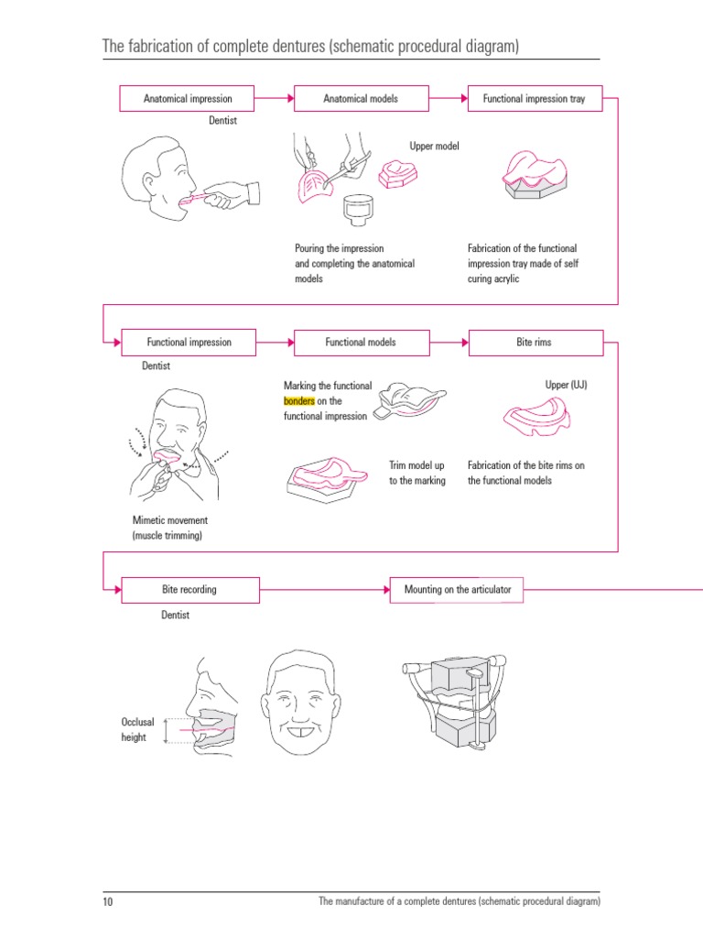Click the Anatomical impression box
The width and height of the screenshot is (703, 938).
(188, 99)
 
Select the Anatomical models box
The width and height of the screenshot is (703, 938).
(361, 99)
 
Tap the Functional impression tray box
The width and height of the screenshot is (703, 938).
(535, 99)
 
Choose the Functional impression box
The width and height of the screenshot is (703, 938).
(189, 343)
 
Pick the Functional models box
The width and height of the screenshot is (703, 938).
(361, 343)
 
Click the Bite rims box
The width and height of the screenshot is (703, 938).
(535, 343)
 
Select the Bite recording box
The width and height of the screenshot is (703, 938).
(189, 590)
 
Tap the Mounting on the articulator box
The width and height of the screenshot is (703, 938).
(457, 590)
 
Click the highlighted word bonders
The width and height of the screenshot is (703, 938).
(299, 401)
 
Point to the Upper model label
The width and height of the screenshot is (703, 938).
(434, 147)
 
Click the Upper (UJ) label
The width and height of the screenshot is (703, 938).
(566, 386)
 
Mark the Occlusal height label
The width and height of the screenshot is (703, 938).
(137, 730)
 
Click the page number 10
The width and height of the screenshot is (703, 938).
(107, 902)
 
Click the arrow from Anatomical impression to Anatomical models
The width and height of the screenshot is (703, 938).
(275, 99)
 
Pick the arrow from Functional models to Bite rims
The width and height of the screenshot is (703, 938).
(449, 343)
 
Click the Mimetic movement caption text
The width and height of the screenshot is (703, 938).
(169, 528)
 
